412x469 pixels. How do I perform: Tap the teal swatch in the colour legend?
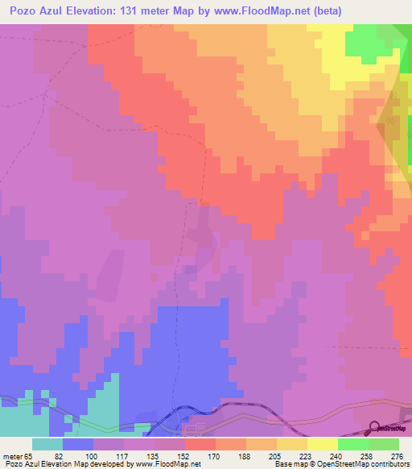47,444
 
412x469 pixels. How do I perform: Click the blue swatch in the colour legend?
78,444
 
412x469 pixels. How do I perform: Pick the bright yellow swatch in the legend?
322,444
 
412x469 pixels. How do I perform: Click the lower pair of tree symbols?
396,183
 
